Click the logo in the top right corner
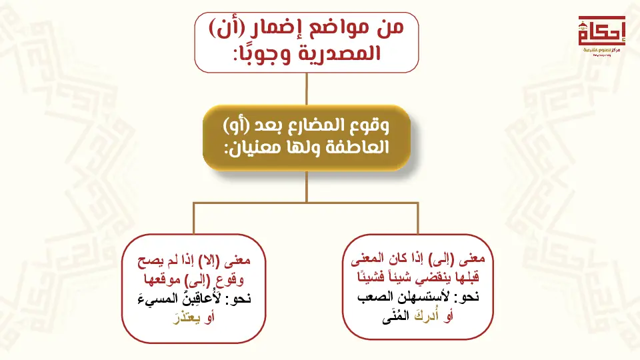601,35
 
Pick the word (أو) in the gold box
236,125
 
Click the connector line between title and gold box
307,89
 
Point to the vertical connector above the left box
193,218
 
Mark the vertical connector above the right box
418,218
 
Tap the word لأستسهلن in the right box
423,296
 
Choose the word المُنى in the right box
395,316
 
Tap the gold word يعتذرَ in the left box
187,317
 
